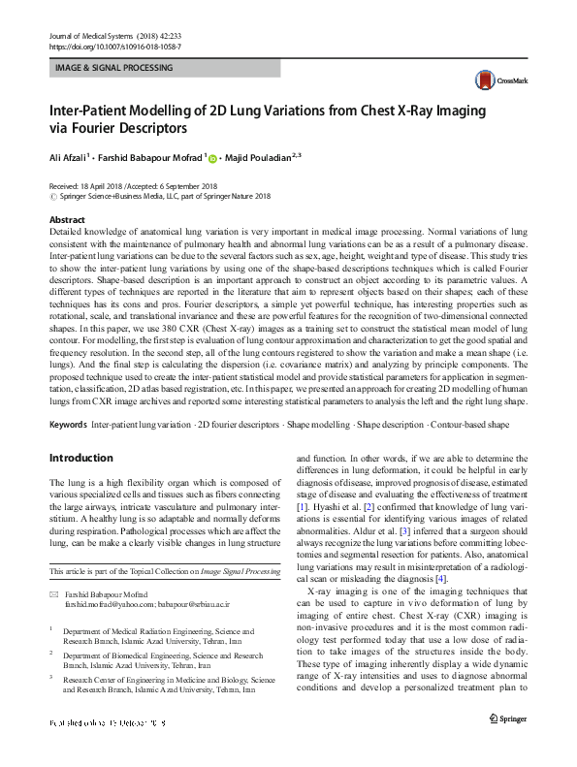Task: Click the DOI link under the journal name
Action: [114, 47]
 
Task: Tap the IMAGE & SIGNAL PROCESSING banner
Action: [165, 68]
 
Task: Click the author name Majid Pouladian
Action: [259, 156]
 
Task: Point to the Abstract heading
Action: [66, 221]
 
